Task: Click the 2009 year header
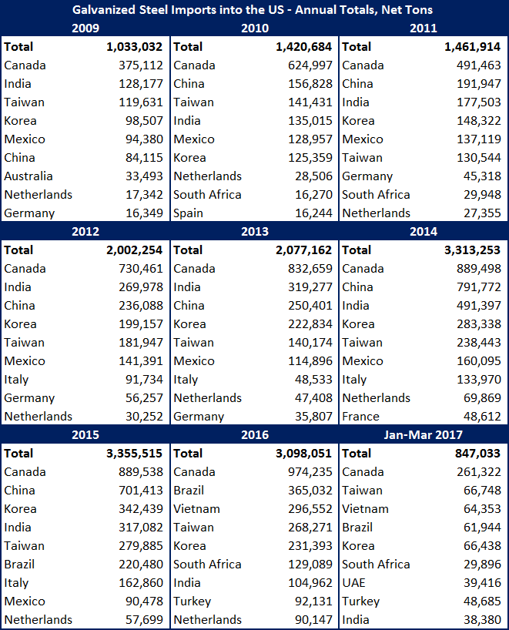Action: pos(85,28)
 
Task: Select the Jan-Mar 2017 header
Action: pos(424,435)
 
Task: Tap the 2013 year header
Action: pos(254,232)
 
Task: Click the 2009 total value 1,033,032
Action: pos(136,47)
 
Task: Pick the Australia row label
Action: pos(28,176)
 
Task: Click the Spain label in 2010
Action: pos(188,213)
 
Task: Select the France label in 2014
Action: pos(360,417)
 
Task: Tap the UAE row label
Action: pos(355,583)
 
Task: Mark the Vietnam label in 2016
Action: pos(196,509)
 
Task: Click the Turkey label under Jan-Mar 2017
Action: pos(361,602)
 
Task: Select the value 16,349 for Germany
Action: pos(142,213)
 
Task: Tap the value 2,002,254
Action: pos(136,250)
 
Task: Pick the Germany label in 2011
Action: pos(367,176)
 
